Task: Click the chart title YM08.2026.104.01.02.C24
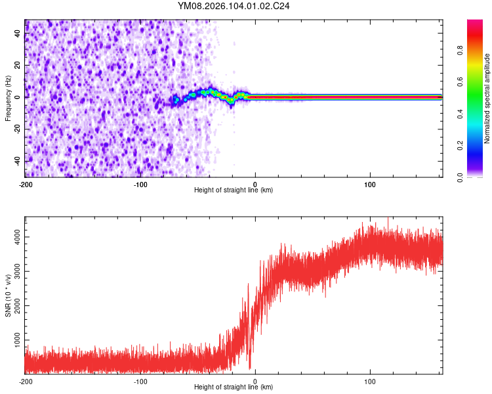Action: [234, 7]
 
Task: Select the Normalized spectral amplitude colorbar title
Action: [487, 98]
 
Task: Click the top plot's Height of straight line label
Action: [234, 190]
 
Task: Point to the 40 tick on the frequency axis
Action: [17, 33]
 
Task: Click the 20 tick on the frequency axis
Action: [17, 65]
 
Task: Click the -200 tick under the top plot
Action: [25, 184]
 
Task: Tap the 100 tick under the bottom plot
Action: [370, 381]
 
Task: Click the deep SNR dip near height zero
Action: [250, 368]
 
